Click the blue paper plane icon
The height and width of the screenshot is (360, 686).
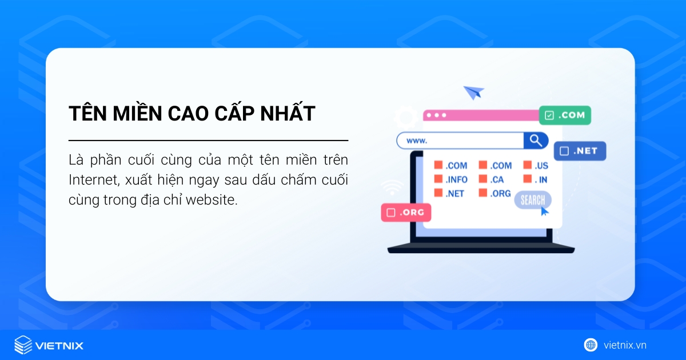click(x=473, y=92)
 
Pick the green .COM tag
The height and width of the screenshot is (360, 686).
click(x=565, y=115)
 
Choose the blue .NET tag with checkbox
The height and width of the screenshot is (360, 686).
click(x=579, y=151)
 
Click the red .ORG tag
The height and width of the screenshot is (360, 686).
click(x=406, y=213)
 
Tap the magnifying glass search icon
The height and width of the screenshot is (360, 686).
click(x=536, y=141)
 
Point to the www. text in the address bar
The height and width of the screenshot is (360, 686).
click(x=417, y=141)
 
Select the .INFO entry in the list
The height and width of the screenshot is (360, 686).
click(x=456, y=179)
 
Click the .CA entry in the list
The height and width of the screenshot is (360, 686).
click(x=496, y=179)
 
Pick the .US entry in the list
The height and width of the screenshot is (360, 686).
click(x=541, y=166)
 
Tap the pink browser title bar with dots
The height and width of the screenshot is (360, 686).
click(x=480, y=115)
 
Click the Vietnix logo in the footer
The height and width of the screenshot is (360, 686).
click(x=49, y=345)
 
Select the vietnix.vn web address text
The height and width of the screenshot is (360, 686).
click(x=625, y=345)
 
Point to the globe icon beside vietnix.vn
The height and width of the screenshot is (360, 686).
click(x=591, y=345)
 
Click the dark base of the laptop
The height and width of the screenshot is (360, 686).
click(x=481, y=250)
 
